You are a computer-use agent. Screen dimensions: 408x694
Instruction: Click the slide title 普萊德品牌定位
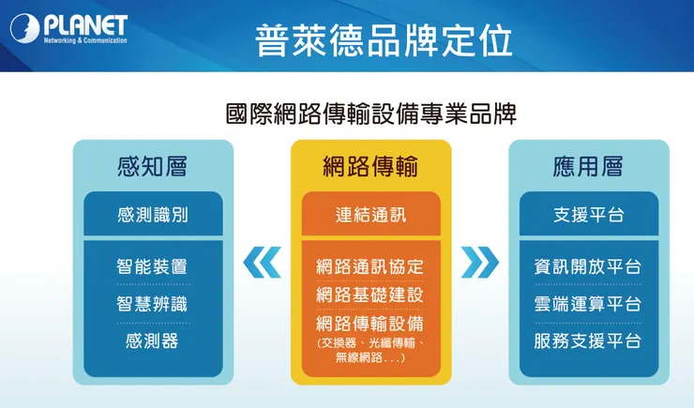coord(384,39)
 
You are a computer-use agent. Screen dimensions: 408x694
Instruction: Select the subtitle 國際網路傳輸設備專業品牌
coord(371,114)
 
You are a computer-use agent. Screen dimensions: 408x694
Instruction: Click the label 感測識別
coord(152,215)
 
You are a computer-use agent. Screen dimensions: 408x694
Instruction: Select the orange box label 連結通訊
coord(370,215)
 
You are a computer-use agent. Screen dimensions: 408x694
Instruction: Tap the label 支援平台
coord(588,215)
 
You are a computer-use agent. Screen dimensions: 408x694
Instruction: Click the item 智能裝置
coord(152,266)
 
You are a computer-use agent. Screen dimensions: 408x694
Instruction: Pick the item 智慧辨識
coord(152,303)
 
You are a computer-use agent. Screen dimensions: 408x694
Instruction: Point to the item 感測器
coord(152,340)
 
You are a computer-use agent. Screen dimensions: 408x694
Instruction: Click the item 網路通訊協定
coord(370,266)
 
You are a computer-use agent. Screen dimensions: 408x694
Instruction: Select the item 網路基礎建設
coord(370,295)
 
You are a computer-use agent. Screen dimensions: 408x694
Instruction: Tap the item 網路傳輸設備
coord(370,324)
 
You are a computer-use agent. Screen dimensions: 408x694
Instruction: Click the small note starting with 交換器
coord(370,351)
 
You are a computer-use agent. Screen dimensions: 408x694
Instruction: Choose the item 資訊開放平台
coord(588,266)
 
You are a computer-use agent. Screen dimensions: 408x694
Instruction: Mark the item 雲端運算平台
coord(588,303)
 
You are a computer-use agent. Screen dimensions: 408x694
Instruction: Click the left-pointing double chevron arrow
coord(262,262)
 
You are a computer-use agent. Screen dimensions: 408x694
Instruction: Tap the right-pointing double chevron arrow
coord(480,262)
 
